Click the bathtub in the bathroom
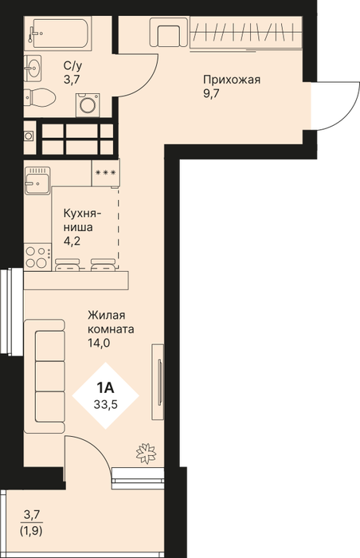click(57, 33)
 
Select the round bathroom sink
click(33, 66)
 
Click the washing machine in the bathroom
click(87, 104)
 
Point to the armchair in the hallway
click(169, 32)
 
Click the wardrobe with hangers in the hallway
click(246, 33)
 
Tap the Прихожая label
click(232, 80)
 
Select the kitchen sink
click(37, 180)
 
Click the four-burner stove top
click(37, 257)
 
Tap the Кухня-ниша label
click(83, 220)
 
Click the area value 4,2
click(72, 242)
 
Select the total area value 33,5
click(106, 405)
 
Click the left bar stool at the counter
click(68, 265)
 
